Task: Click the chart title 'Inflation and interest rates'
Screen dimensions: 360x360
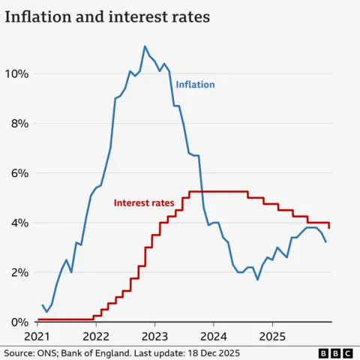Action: [108, 16]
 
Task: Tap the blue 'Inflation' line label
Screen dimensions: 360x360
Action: [195, 85]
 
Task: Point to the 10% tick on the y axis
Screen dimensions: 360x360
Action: [16, 73]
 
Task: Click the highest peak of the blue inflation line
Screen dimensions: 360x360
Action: [145, 46]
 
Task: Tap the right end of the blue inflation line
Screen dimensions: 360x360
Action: [325, 241]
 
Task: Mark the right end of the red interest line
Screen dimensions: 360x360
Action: [329, 227]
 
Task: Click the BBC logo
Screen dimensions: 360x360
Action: [334, 352]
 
